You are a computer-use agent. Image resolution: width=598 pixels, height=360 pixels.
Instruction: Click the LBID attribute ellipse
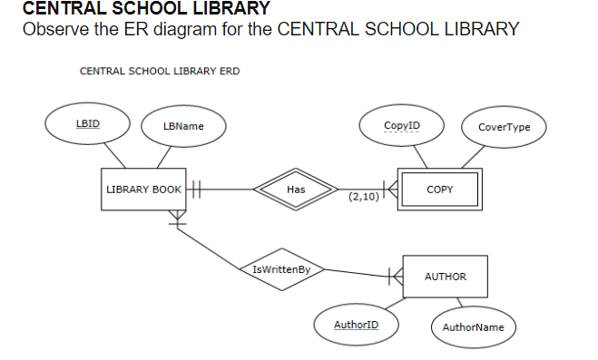[x=88, y=124]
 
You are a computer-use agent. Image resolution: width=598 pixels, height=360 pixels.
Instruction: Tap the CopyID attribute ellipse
[x=401, y=124]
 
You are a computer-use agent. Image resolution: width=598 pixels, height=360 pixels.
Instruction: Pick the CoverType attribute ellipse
[x=504, y=127]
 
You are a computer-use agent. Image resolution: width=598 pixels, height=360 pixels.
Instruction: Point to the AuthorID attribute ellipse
[x=356, y=324]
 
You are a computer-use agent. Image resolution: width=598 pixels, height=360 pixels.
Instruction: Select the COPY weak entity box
[x=439, y=190]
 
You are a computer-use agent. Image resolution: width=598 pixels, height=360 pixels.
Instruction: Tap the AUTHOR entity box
[x=445, y=276]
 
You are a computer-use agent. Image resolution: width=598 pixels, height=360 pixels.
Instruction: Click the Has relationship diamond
[x=295, y=190]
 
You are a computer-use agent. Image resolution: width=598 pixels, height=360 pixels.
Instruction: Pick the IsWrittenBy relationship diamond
[x=282, y=269]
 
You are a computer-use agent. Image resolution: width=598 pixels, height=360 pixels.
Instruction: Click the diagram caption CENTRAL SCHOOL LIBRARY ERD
[x=160, y=71]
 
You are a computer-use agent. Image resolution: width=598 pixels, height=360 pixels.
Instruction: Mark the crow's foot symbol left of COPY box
[x=388, y=190]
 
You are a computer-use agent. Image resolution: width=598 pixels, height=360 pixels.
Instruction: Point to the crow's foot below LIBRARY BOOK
[x=177, y=218]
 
